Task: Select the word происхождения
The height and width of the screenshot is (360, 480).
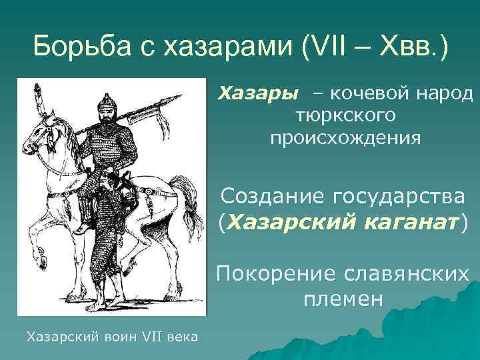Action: pos(345,138)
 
